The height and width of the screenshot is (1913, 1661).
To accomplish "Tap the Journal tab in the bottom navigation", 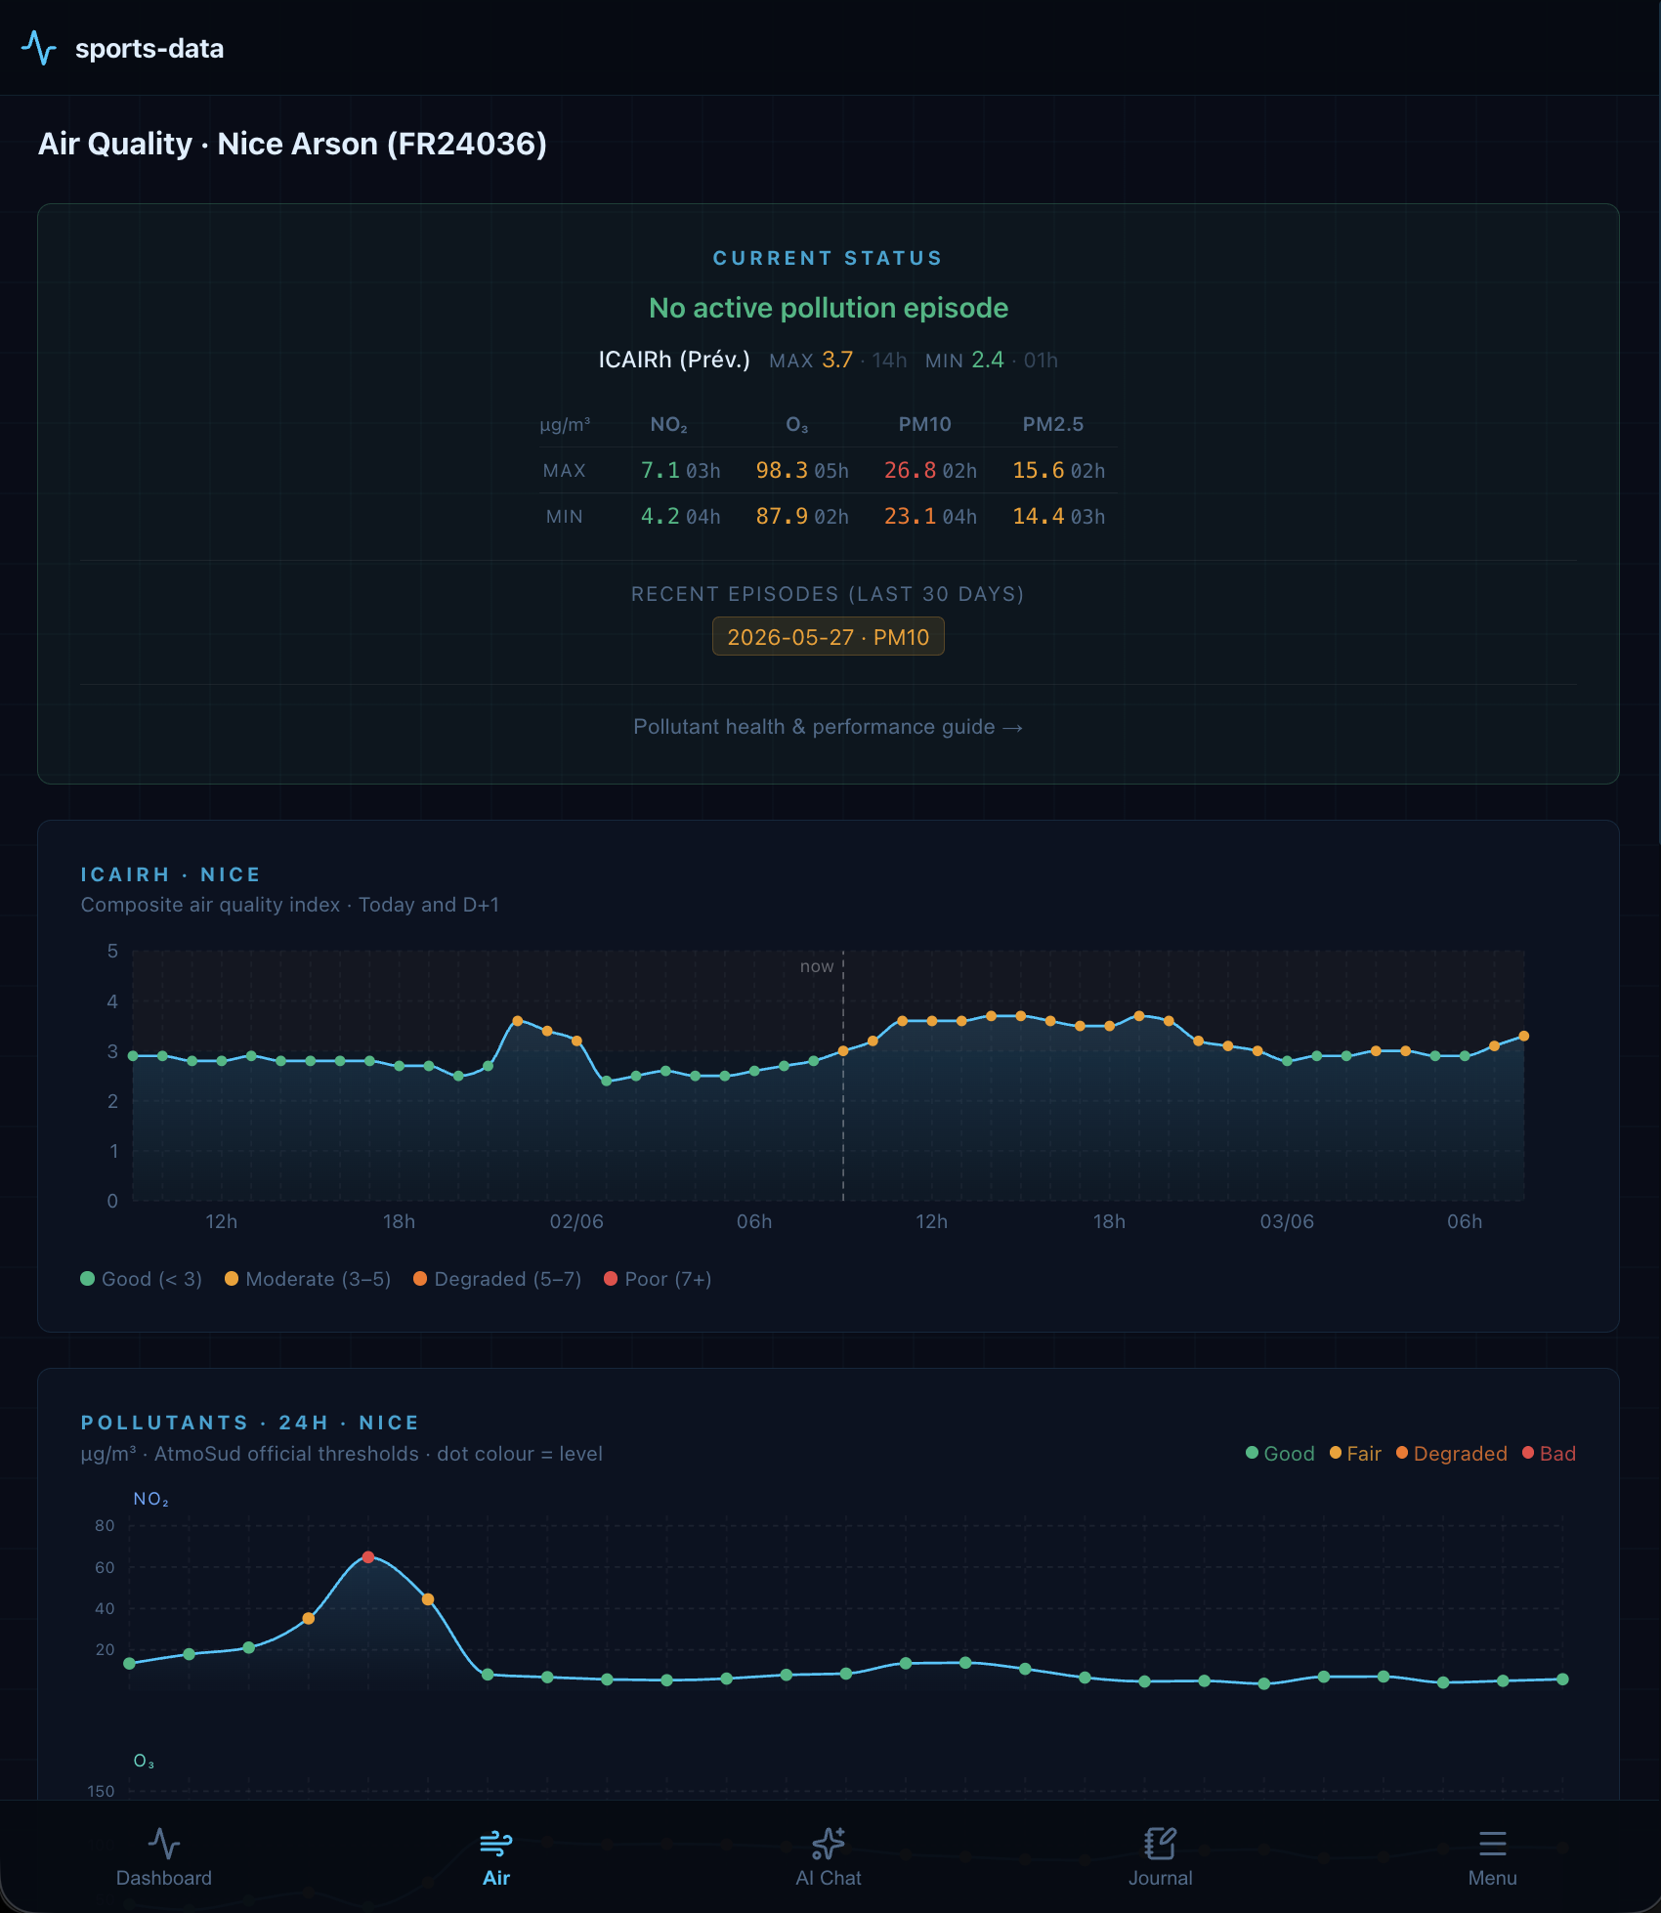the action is click(x=1160, y=1856).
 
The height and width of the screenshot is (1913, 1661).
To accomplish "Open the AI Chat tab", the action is click(x=829, y=1856).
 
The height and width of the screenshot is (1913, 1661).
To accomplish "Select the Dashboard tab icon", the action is click(x=164, y=1844).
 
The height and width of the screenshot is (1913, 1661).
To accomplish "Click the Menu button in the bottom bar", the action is click(x=1492, y=1856).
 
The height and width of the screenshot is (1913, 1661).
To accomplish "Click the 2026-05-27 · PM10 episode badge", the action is click(x=828, y=637).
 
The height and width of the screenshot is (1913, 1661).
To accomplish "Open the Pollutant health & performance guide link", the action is click(x=828, y=727).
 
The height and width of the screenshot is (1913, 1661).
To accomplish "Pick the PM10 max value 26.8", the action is click(x=910, y=470).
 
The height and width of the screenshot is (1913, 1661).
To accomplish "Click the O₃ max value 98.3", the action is click(x=782, y=470).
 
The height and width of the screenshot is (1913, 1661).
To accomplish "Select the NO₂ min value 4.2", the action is click(x=660, y=516).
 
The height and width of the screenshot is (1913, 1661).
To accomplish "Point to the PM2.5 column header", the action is click(x=1052, y=424).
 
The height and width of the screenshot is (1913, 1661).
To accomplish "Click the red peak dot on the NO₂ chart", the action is click(x=368, y=1557).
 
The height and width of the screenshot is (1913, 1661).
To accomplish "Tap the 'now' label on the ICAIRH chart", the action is click(x=817, y=966).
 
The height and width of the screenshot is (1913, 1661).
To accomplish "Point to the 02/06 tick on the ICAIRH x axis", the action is click(x=576, y=1221).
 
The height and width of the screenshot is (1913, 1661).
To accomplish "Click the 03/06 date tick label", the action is click(x=1287, y=1221).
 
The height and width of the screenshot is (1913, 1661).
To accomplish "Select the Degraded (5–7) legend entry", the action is click(x=497, y=1279).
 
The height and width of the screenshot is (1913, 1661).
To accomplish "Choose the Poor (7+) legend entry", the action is click(x=658, y=1279).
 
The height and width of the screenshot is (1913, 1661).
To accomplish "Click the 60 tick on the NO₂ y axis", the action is click(x=105, y=1567).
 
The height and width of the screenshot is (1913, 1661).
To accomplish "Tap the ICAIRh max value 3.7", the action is click(x=837, y=360).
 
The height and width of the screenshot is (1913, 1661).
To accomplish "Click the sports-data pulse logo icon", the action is click(x=39, y=48).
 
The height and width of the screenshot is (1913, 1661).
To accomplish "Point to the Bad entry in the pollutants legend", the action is click(x=1549, y=1454).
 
